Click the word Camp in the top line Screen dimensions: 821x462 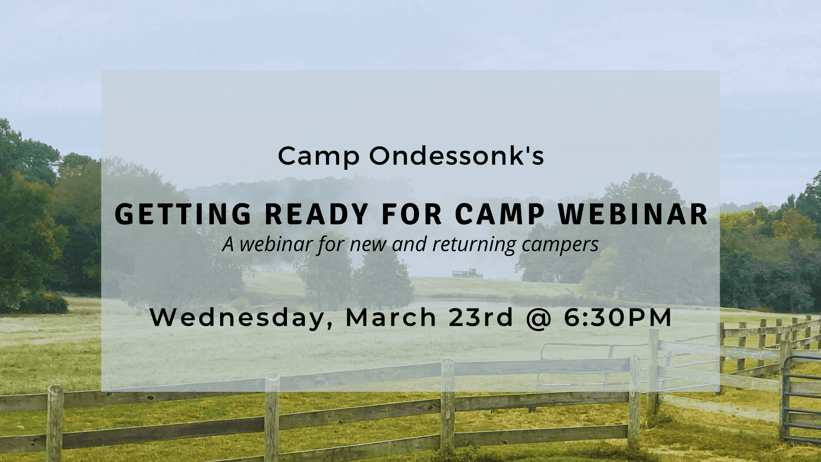[319, 157]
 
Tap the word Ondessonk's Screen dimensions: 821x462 [457, 156]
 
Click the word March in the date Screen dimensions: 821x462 [390, 317]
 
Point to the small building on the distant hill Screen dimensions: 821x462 [464, 272]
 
